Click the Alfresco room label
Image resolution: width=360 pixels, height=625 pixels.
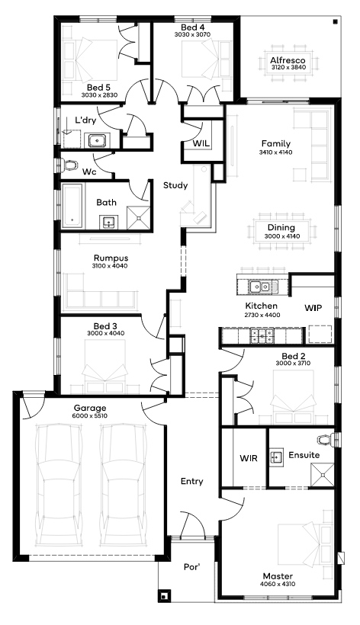(x=288, y=60)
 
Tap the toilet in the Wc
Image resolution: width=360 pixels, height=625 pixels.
(x=69, y=165)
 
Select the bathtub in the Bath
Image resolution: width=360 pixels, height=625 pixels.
(x=72, y=206)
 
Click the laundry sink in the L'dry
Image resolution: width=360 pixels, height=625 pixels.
(x=98, y=140)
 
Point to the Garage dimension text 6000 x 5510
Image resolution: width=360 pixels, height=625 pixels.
(x=90, y=415)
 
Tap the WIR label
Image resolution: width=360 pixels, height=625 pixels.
(x=249, y=458)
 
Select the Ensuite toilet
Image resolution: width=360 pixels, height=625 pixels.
(x=326, y=438)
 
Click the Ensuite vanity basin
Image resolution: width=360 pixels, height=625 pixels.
(x=276, y=457)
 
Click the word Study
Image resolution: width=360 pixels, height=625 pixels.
(x=175, y=185)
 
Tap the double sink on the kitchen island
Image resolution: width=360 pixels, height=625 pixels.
(x=259, y=286)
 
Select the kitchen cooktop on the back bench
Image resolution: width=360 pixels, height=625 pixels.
(x=262, y=335)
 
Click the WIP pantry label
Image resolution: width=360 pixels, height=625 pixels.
(x=313, y=308)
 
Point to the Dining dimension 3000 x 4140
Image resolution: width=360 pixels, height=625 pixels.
(x=282, y=236)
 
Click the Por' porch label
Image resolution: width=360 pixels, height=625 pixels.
(x=191, y=567)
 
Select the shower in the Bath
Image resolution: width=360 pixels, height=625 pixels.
(x=139, y=218)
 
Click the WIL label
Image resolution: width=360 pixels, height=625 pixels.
(x=201, y=143)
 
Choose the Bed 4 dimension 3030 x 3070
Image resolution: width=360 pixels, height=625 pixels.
(x=192, y=34)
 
